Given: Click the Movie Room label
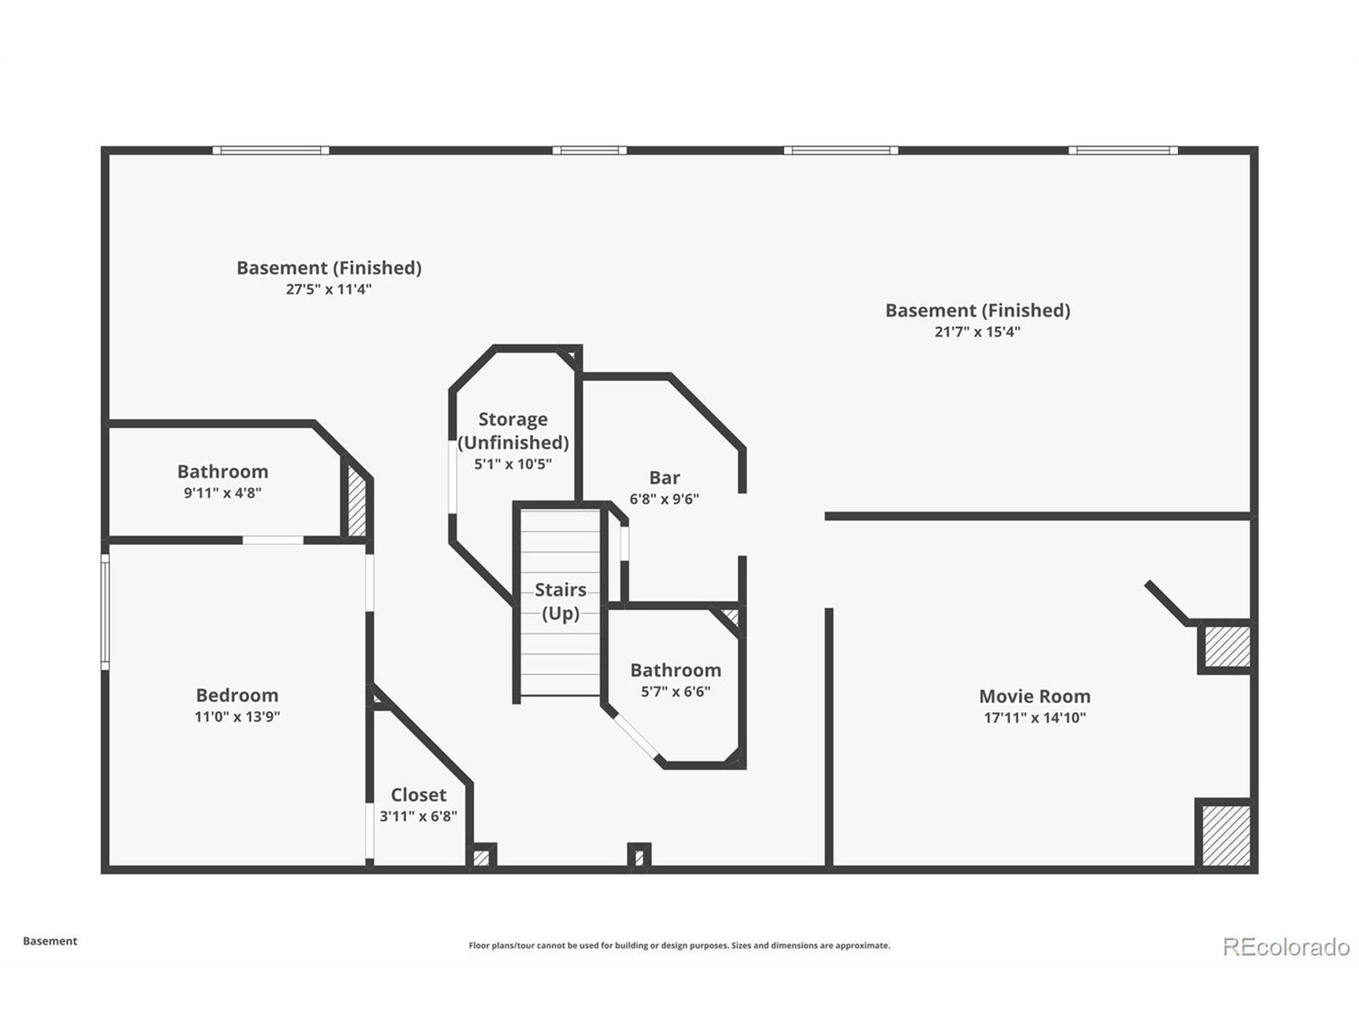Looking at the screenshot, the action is tap(1035, 696).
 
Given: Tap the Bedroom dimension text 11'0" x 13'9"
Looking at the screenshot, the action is tap(237, 716).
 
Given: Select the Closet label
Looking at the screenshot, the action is tap(418, 794).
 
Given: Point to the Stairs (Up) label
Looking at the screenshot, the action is tap(560, 601).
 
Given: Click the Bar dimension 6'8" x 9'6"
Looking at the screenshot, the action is tap(664, 499).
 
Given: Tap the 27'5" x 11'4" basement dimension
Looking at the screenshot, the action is tap(329, 289).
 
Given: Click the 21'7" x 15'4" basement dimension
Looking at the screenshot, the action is tap(977, 331).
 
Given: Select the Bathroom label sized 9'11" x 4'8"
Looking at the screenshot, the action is tap(222, 472).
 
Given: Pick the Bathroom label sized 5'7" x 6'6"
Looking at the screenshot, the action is tap(676, 669).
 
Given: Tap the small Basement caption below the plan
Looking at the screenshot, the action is tap(50, 941).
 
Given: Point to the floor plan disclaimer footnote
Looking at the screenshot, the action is tap(679, 946).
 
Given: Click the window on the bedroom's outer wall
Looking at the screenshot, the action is tap(105, 612).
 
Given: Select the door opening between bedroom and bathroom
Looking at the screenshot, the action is tap(273, 540).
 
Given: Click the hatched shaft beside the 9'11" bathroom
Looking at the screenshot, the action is tap(357, 501).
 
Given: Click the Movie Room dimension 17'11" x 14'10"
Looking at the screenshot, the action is tap(1035, 718).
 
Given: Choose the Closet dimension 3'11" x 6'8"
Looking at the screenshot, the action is tap(418, 816).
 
